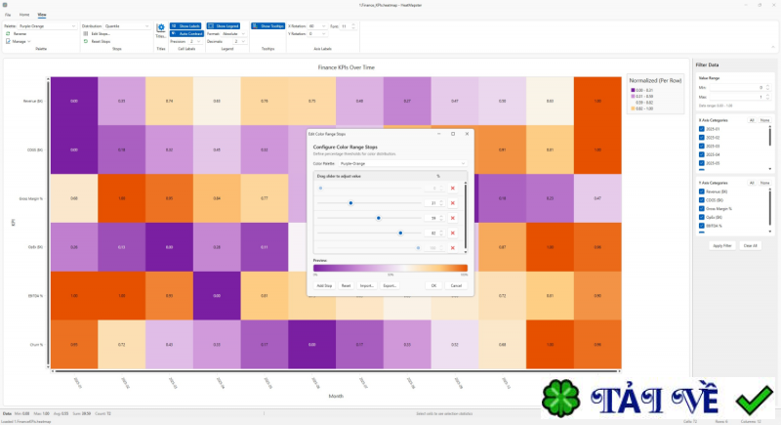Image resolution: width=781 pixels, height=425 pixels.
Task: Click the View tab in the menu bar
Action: (x=41, y=16)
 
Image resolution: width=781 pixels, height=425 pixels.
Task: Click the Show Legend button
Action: (x=226, y=26)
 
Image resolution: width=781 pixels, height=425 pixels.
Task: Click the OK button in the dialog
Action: (x=433, y=285)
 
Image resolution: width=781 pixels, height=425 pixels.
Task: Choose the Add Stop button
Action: (x=324, y=285)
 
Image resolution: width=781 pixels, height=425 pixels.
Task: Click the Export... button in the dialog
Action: (x=389, y=285)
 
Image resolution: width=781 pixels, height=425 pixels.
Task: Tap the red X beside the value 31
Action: (x=453, y=203)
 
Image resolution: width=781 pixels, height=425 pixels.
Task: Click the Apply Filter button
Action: (x=722, y=245)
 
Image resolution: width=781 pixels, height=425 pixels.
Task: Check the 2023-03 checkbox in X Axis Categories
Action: (x=701, y=146)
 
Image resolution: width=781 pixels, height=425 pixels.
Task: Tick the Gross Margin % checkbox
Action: (x=701, y=208)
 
